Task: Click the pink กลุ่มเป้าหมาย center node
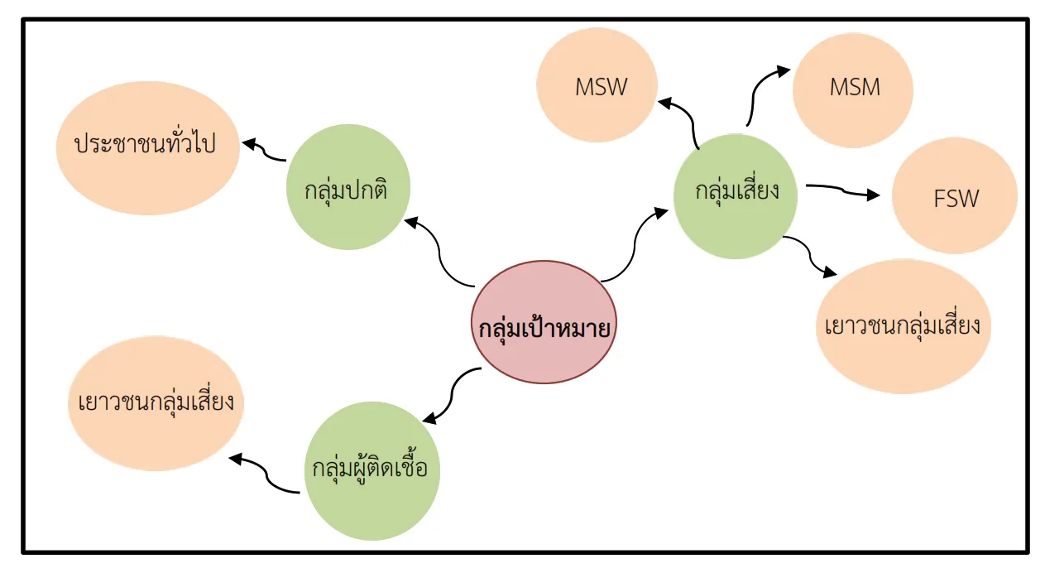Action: [544, 322]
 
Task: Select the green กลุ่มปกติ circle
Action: [348, 187]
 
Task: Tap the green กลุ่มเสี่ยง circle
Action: [736, 196]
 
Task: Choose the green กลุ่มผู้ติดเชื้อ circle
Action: [372, 470]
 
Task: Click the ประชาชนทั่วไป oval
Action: [148, 148]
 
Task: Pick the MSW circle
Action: [597, 85]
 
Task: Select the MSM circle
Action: [853, 90]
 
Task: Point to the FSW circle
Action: [955, 195]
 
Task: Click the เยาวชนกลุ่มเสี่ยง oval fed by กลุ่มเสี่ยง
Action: [904, 326]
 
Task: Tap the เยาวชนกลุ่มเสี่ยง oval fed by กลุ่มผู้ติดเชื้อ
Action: [156, 403]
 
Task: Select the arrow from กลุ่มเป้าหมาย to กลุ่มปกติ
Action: [439, 253]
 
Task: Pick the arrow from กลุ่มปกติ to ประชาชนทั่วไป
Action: [265, 151]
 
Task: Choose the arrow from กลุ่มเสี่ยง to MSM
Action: [755, 93]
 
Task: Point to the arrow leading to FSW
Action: [842, 190]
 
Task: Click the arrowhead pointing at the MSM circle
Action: [783, 71]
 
